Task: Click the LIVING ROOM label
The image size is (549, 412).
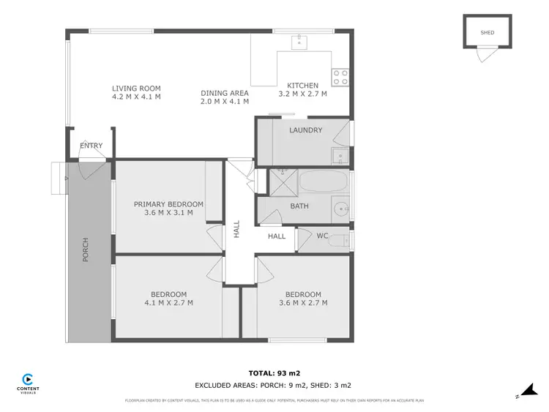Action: [136, 89]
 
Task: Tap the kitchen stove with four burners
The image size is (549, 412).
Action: [340, 77]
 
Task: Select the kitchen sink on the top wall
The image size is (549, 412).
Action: [299, 41]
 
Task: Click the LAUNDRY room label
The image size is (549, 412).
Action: [305, 130]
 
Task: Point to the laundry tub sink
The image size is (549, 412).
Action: [339, 155]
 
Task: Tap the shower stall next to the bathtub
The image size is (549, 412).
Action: [280, 182]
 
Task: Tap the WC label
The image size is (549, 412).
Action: [323, 236]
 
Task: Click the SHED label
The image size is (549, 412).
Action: [488, 33]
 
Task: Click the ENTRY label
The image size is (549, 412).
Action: [91, 146]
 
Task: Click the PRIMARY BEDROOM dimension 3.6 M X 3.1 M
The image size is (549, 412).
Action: [168, 213]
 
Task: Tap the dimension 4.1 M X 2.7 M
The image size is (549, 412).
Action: [168, 302]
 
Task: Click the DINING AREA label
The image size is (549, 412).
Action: [225, 93]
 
